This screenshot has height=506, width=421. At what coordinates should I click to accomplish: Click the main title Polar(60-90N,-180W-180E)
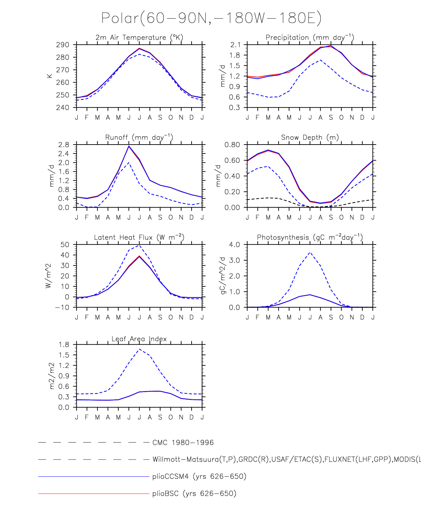(211, 18)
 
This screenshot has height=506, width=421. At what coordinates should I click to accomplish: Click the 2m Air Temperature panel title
(139, 38)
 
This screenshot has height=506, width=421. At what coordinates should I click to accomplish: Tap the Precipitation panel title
(310, 38)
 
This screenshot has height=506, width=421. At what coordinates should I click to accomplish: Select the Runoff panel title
(139, 137)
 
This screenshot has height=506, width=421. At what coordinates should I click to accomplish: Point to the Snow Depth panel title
(310, 137)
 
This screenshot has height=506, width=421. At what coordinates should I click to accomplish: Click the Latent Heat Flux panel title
(139, 237)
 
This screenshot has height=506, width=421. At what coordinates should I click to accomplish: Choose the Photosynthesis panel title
(310, 237)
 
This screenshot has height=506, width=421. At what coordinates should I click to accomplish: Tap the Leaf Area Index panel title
(139, 339)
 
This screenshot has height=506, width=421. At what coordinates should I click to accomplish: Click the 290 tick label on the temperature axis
(63, 45)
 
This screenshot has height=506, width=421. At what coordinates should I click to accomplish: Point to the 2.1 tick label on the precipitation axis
(236, 45)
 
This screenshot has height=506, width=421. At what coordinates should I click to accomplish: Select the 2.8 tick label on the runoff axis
(64, 145)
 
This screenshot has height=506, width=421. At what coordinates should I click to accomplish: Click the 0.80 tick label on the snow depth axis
(232, 145)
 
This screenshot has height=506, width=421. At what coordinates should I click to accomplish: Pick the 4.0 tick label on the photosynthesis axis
(235, 245)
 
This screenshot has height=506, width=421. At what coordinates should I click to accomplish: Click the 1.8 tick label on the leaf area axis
(64, 345)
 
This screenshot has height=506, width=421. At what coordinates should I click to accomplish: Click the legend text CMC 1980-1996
(183, 443)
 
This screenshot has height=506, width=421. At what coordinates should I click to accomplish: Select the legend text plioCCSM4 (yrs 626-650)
(199, 476)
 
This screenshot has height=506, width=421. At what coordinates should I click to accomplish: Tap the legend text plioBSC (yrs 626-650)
(194, 494)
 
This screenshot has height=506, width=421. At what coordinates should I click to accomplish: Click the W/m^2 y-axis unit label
(48, 276)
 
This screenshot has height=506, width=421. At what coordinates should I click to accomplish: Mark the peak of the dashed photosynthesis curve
(310, 252)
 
